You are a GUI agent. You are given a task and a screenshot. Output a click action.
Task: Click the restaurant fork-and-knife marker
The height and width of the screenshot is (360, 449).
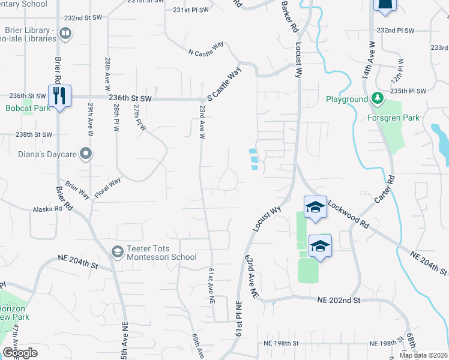click(x=59, y=95)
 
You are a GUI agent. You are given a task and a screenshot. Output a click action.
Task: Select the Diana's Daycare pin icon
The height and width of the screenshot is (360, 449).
click(x=86, y=154)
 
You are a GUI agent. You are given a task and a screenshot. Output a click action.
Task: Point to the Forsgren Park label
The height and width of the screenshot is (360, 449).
click(x=394, y=118)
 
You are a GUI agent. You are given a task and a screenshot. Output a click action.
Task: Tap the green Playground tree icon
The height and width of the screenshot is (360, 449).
click(x=377, y=98)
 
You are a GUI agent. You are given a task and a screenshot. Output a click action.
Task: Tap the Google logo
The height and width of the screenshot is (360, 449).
click(x=20, y=353)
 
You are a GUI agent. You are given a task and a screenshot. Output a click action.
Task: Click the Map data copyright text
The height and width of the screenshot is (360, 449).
click(x=423, y=355)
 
